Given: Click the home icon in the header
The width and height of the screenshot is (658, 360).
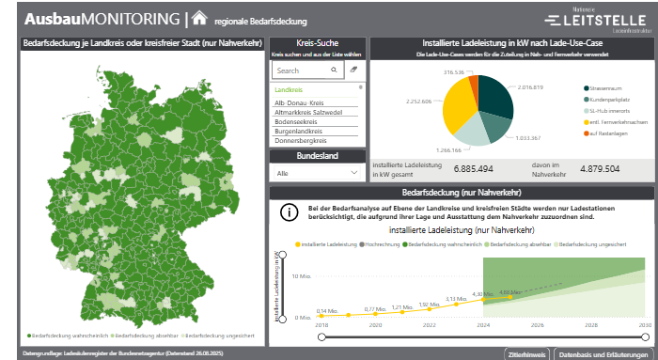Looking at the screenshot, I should [199, 18].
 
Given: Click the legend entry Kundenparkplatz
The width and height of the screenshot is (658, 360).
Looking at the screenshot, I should [612, 99].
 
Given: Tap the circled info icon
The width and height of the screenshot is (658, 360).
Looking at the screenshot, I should [290, 211].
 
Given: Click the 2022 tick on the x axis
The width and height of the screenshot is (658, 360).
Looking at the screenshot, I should [430, 324].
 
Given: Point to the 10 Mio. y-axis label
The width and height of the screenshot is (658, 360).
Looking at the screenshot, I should [301, 276].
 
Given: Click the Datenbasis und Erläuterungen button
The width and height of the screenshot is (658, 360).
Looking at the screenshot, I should [602, 353].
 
